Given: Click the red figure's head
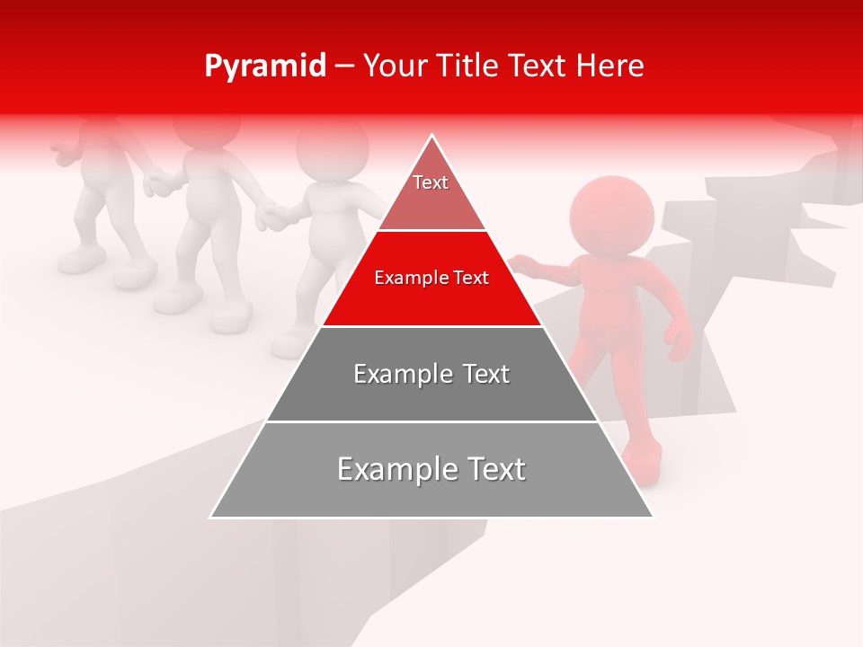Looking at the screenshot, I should pos(611,216).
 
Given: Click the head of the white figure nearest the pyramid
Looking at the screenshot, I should pos(333,148).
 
